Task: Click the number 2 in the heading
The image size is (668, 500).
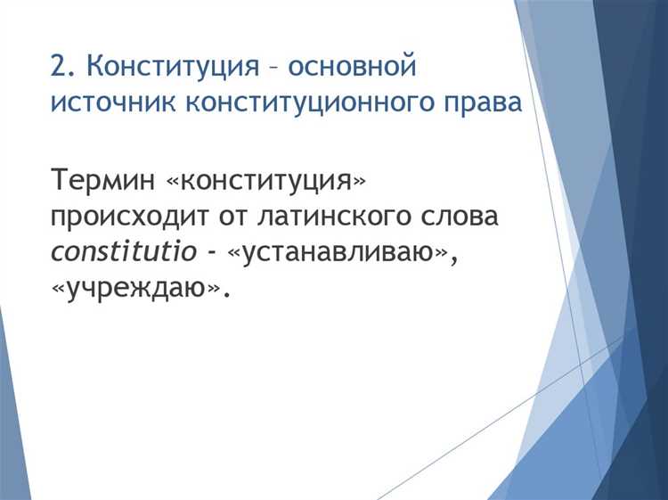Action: (59, 67)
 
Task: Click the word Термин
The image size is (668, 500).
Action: (102, 179)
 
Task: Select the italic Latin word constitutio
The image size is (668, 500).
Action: (123, 252)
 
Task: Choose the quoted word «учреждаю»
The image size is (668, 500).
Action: (134, 289)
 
